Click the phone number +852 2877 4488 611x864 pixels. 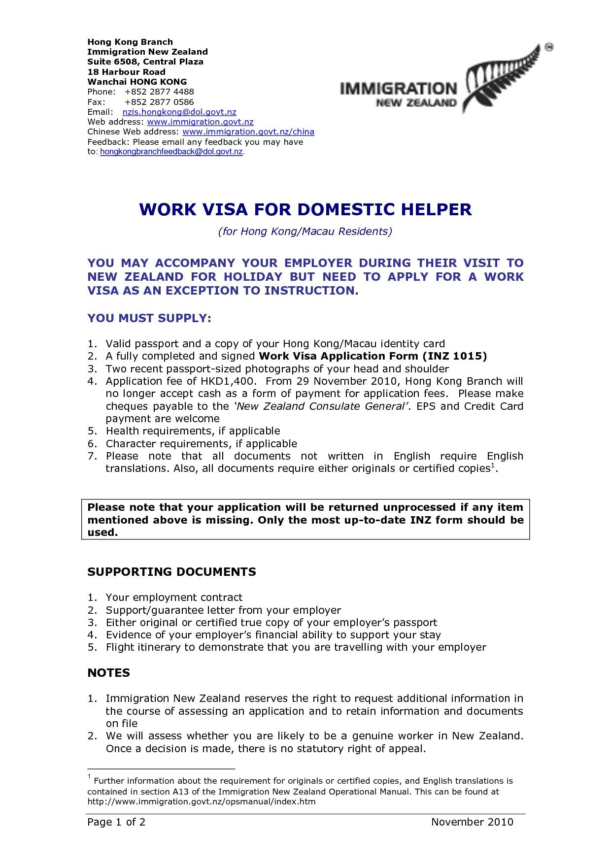click(x=159, y=92)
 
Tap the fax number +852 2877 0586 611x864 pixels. click(x=159, y=102)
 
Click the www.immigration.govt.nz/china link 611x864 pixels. click(x=248, y=132)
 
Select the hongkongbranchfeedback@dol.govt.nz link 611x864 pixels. click(x=171, y=152)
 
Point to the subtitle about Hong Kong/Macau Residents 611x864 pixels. click(x=305, y=232)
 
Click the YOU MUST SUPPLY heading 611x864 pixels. click(x=149, y=318)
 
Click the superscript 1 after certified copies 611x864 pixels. click(x=492, y=465)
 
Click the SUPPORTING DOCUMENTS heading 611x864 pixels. click(x=171, y=572)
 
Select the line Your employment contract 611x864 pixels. click(x=174, y=598)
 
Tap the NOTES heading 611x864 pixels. click(x=108, y=673)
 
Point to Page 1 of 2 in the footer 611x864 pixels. click(x=116, y=822)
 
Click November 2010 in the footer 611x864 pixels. click(x=472, y=822)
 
